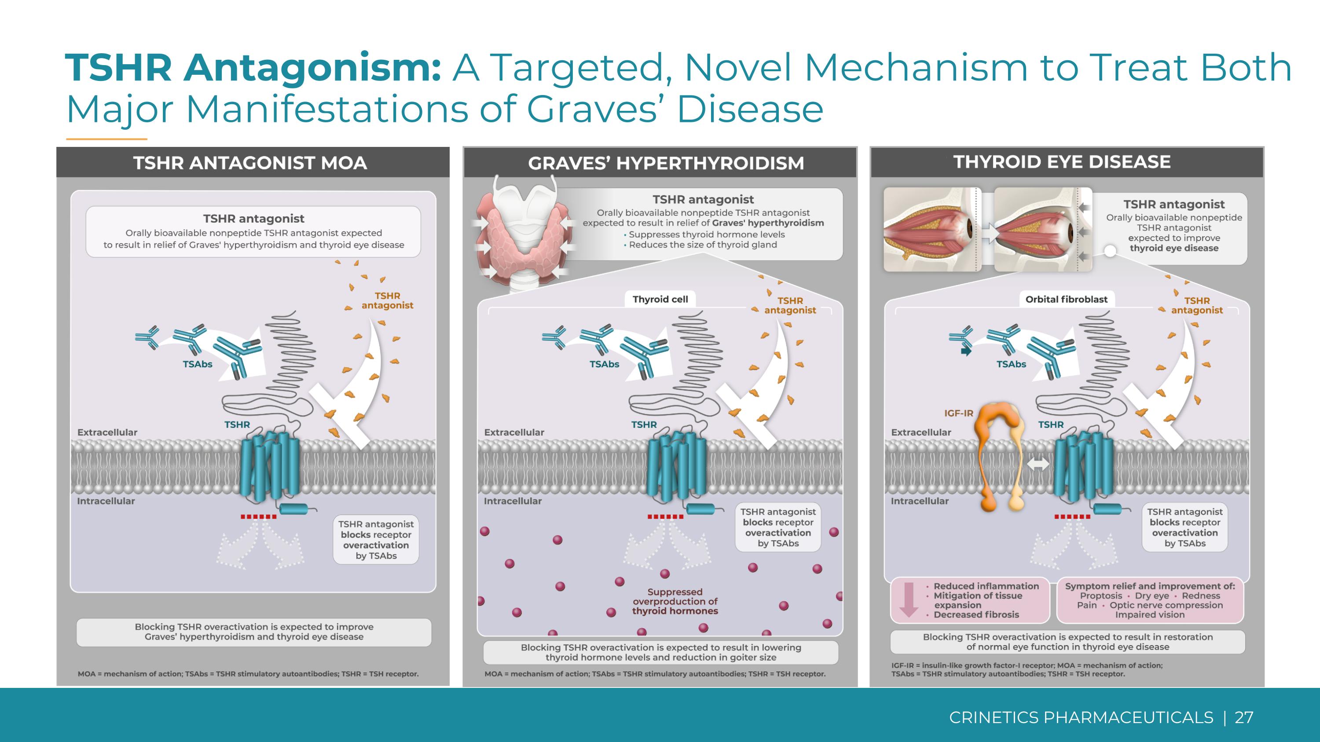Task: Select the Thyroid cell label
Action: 660,300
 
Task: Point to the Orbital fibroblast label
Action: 1067,300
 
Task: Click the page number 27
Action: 1244,717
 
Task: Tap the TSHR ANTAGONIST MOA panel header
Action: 250,163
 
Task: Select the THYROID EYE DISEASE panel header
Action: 1062,162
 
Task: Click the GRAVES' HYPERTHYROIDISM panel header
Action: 666,163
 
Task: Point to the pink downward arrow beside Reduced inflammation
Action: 909,599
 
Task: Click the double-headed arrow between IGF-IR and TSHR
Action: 1038,464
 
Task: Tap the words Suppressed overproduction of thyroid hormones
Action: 675,601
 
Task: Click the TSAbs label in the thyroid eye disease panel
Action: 1011,364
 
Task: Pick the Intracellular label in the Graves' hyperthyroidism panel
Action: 513,501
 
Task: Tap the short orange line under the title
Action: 106,139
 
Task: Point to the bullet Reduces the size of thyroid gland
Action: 703,245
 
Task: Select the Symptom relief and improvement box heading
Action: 1150,586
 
